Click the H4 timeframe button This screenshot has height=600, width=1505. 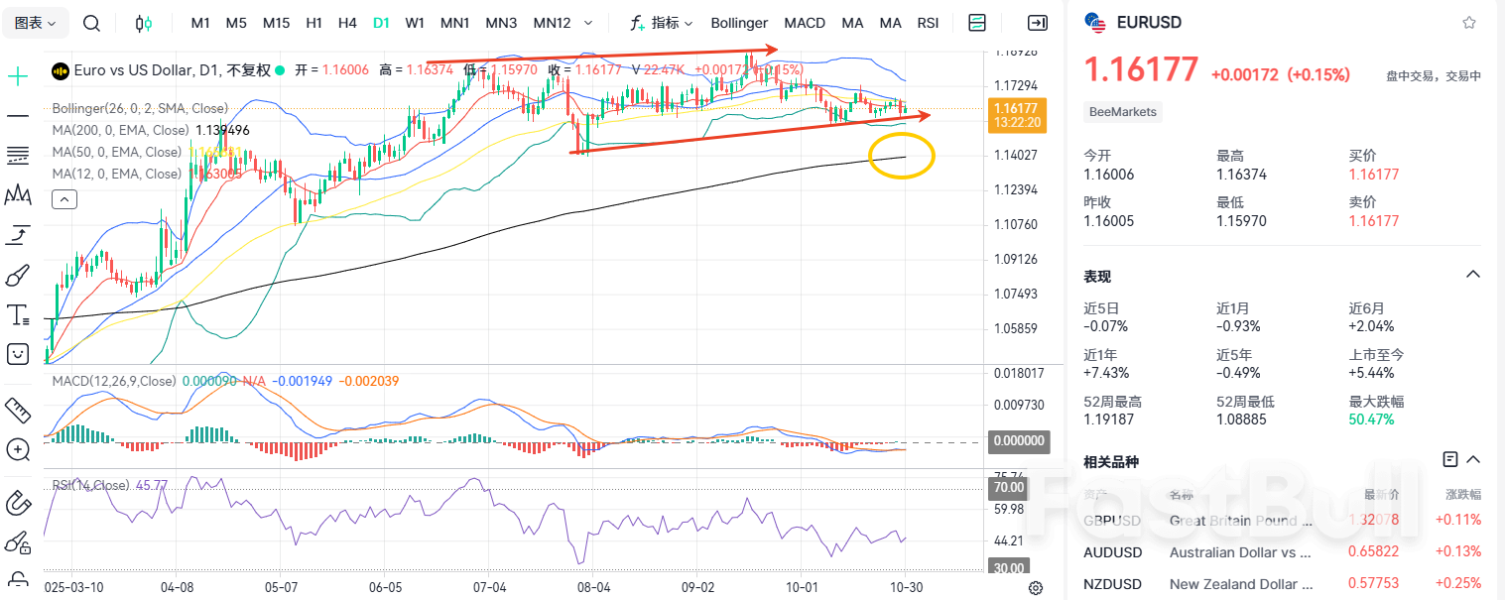point(347,23)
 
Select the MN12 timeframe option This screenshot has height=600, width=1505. point(552,23)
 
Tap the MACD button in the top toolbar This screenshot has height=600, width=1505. point(805,23)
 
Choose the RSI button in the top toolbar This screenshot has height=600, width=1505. point(928,23)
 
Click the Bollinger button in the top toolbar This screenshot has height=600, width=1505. point(739,23)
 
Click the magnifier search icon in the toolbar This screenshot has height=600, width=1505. point(91,23)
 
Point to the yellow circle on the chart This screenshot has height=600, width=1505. point(901,156)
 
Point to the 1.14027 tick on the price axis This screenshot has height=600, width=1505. point(1016,155)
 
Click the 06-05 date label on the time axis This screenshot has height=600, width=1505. point(385,587)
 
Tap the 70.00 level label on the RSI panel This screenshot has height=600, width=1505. point(1009,488)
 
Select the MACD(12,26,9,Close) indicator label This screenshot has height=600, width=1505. point(114,381)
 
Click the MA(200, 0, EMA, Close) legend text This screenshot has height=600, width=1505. point(120,130)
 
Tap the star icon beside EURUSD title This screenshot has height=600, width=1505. point(1469,23)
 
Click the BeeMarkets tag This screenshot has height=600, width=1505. point(1123,112)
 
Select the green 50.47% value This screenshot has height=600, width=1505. point(1371,420)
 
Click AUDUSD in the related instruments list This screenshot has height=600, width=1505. point(1113,552)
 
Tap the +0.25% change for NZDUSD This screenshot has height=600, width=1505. point(1457,583)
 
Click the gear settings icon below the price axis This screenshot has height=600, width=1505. point(1036,588)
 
